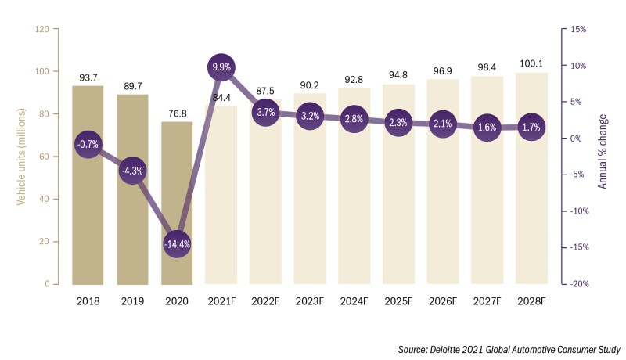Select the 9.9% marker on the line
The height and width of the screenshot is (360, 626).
tap(221, 68)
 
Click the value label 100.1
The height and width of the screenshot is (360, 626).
tap(532, 64)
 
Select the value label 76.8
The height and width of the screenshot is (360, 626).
tap(177, 113)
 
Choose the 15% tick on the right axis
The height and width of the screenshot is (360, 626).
tap(580, 29)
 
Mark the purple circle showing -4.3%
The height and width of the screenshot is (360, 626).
tap(132, 170)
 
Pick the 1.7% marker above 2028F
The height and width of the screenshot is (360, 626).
tap(532, 126)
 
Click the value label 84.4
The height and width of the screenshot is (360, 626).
tap(221, 98)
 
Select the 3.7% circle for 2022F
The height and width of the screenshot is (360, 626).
tap(265, 112)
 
